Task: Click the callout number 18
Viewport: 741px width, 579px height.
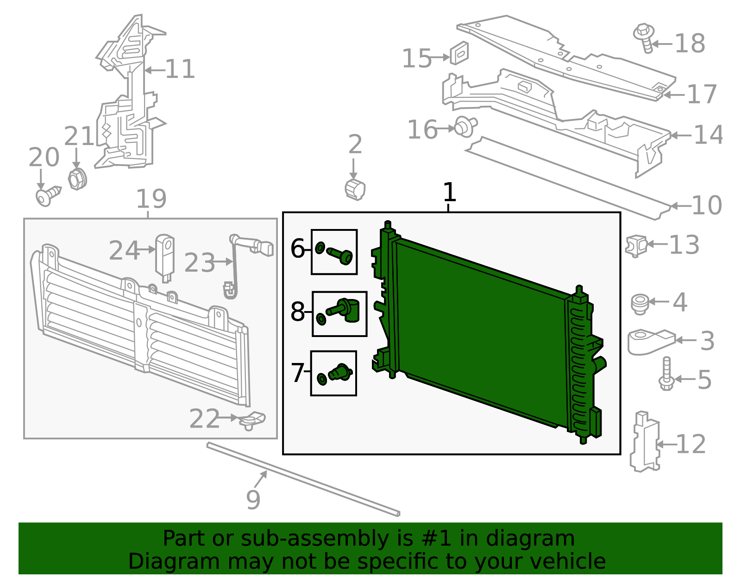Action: click(690, 44)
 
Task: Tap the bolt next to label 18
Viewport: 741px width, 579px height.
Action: click(644, 37)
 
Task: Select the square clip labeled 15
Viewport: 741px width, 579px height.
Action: click(459, 53)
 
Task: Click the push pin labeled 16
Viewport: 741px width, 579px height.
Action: click(465, 127)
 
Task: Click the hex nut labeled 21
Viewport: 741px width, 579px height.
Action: click(77, 179)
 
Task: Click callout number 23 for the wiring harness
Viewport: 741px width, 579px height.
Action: click(200, 263)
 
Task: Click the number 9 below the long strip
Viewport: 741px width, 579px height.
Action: click(253, 500)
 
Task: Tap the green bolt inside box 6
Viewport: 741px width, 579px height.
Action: click(340, 255)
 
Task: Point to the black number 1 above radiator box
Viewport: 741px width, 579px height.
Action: click(449, 192)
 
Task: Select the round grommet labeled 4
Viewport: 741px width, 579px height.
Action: click(640, 303)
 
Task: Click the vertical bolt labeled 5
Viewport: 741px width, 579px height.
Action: click(666, 374)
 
